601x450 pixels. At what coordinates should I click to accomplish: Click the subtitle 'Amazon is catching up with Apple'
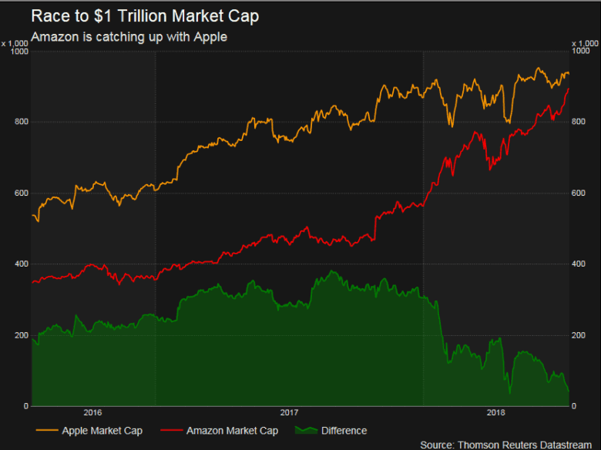point(129,37)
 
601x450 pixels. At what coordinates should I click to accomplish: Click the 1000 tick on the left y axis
point(20,52)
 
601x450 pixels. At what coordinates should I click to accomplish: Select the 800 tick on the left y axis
point(22,123)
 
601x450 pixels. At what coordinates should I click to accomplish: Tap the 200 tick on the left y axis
point(22,335)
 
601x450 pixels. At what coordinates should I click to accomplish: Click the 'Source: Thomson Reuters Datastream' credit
point(509,445)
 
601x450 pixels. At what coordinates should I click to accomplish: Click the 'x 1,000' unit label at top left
point(15,42)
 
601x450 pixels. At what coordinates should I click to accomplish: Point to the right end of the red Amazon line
point(569,89)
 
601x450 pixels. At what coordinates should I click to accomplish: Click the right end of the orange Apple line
point(569,74)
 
